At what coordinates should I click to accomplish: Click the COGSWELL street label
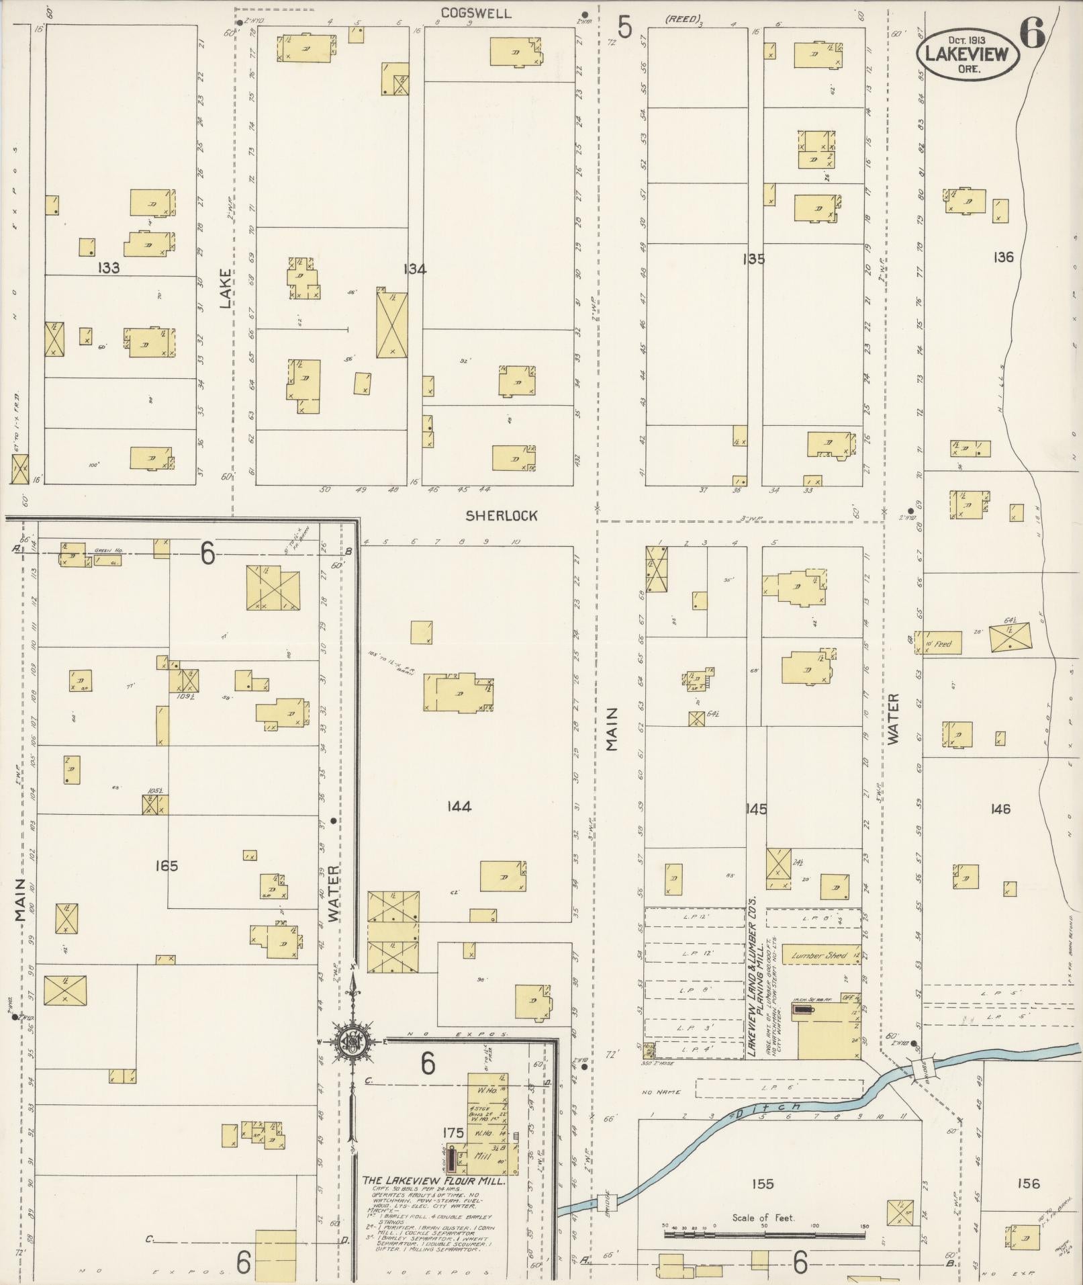click(477, 13)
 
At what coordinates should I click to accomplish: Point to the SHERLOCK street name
click(502, 516)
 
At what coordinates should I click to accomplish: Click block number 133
click(108, 268)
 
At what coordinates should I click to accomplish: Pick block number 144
click(459, 806)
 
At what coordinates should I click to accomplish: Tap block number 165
click(165, 866)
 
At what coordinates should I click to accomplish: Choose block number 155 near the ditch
click(763, 1202)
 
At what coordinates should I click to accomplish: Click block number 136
click(1003, 257)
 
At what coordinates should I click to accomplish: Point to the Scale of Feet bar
click(764, 1234)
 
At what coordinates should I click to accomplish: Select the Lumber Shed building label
click(818, 955)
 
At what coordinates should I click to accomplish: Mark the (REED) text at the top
click(683, 18)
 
